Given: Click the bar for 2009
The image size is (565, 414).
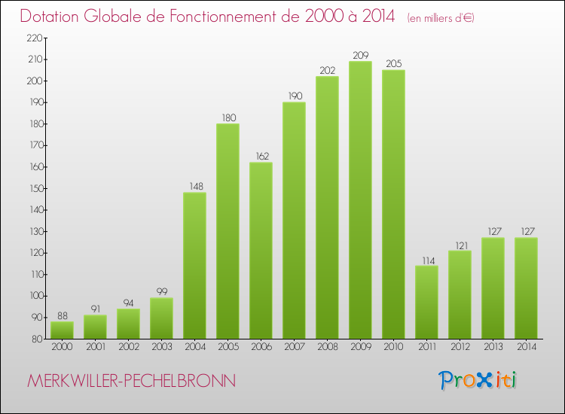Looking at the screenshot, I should (x=360, y=199).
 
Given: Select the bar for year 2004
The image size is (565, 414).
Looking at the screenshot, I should (x=194, y=265).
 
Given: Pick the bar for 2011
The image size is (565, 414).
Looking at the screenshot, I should (x=426, y=302).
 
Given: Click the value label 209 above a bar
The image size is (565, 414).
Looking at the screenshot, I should (x=360, y=54).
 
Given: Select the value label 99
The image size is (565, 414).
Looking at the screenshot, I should (x=161, y=291).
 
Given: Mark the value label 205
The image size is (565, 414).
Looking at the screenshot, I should (x=393, y=63).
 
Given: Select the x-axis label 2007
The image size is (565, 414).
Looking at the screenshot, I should (x=294, y=348).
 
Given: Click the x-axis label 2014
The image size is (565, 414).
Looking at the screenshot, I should (x=526, y=348).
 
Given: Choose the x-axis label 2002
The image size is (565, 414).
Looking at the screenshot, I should (x=128, y=348).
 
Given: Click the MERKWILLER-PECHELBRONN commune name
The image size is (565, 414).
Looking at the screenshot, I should (x=131, y=381).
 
